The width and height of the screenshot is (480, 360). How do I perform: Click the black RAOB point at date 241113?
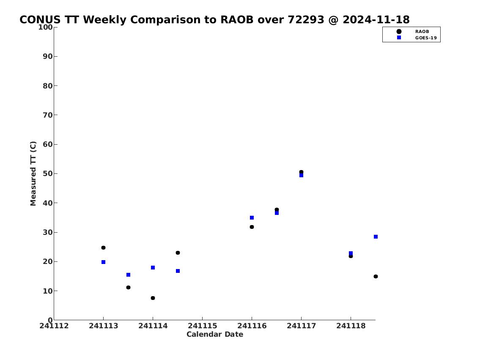point(104,247)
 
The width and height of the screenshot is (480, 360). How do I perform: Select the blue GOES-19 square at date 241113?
point(104,262)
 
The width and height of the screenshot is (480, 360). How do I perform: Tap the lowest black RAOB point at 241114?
point(153,298)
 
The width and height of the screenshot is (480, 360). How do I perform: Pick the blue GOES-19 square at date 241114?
point(153,267)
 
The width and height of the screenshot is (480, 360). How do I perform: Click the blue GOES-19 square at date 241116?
point(252,218)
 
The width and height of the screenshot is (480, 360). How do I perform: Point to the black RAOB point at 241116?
point(252,227)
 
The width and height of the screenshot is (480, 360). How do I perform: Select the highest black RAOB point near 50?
point(301,172)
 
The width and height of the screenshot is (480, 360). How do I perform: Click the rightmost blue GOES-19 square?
point(376,236)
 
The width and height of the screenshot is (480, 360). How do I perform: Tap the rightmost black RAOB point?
point(376,276)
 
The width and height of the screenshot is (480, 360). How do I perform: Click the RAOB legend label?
point(422,32)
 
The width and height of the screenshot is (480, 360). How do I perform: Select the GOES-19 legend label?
point(426,38)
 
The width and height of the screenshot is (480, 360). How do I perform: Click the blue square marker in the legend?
point(399,37)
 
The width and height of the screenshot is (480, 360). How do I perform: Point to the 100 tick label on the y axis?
point(45,27)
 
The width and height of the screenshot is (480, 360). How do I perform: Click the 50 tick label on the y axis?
point(48,173)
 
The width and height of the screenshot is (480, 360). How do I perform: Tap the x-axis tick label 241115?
point(202,326)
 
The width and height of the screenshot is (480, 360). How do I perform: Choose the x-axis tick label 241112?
point(54,326)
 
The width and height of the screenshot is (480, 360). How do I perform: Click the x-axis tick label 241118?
point(351,326)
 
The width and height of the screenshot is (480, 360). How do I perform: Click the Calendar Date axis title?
point(215,334)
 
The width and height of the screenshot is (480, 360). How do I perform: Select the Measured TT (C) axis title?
point(33,173)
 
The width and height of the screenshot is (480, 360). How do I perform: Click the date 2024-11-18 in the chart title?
point(376,19)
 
